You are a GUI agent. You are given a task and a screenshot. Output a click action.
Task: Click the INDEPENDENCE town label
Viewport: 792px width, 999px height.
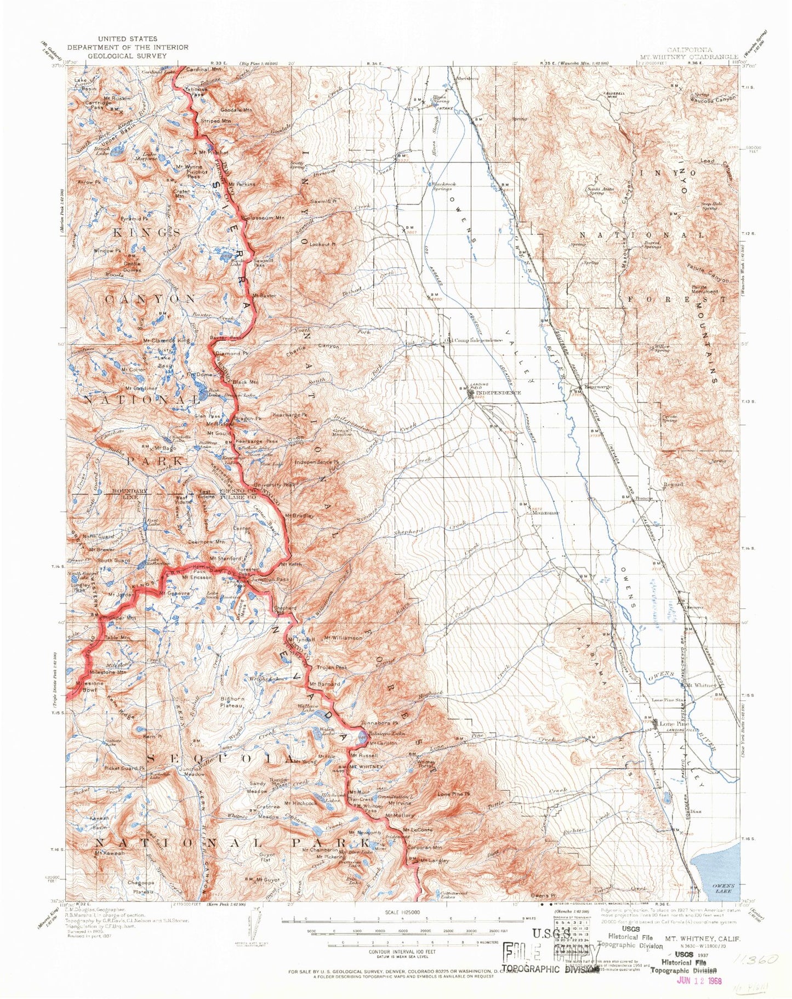tap(498, 393)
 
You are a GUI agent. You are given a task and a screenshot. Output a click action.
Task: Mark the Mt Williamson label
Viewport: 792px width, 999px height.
tap(343, 638)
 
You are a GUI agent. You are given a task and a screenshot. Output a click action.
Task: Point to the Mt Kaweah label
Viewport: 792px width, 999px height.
tap(107, 853)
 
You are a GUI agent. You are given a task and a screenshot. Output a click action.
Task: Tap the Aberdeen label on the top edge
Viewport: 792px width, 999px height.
tap(466, 78)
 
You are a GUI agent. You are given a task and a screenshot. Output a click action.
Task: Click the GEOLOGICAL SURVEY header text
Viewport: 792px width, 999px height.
tap(128, 55)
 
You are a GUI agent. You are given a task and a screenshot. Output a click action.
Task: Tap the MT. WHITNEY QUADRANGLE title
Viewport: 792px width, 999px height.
tap(689, 56)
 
